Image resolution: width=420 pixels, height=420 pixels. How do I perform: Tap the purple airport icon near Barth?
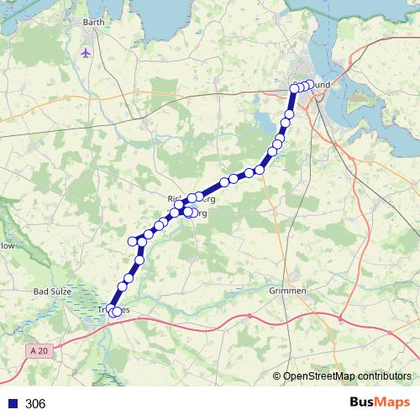[x=85, y=52]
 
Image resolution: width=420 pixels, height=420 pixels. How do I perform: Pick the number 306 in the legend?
[x=35, y=404]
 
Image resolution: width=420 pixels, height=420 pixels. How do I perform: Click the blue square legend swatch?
[x=12, y=404]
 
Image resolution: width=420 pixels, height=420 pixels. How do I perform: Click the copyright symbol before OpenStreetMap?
[x=277, y=375]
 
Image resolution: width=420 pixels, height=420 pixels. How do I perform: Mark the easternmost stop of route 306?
[x=309, y=84]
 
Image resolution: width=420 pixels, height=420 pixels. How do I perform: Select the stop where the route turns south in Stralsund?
[x=295, y=88]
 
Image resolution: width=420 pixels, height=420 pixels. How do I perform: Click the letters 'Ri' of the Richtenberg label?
[x=173, y=199]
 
